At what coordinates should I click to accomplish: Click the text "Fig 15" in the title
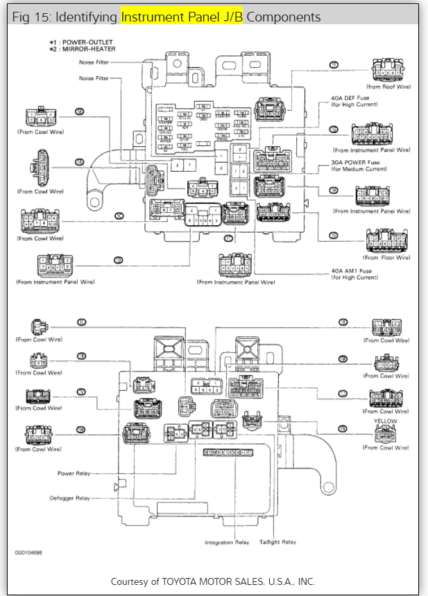point(28,16)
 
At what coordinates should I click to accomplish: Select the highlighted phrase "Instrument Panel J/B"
point(182,16)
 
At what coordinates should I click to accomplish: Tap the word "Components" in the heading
point(284,16)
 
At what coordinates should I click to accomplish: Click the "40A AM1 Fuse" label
point(351,271)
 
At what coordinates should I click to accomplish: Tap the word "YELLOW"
point(385,421)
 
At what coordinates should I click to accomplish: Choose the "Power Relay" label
point(74,473)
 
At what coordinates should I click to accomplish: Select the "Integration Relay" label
point(227,542)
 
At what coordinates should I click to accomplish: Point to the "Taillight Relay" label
point(277,542)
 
